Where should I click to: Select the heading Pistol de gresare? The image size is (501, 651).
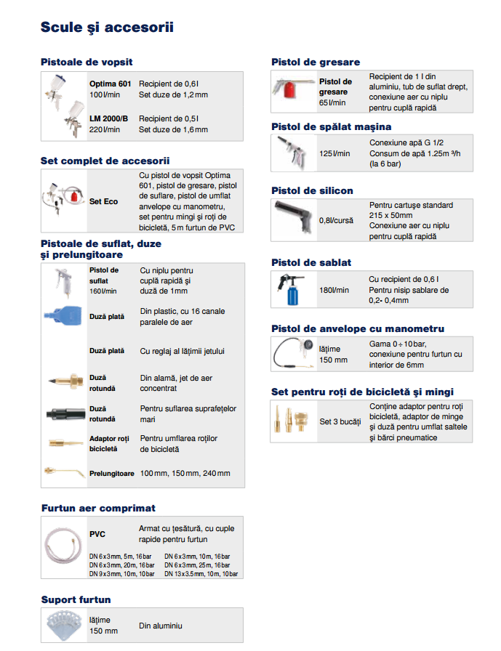click(316, 62)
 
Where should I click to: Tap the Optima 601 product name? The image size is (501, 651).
click(111, 84)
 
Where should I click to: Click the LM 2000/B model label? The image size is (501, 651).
click(109, 118)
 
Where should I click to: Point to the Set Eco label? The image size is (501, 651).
click(104, 201)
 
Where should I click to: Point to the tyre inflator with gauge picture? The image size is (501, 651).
click(292, 354)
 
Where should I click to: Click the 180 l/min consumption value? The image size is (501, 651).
click(334, 291)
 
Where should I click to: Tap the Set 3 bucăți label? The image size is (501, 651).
click(340, 421)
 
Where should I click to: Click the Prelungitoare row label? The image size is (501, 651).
click(112, 473)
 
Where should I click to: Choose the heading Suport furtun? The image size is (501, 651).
click(76, 599)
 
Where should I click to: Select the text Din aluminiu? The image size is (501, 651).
click(161, 626)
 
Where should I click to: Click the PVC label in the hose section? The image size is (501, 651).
click(97, 534)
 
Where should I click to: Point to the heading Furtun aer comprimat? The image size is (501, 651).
click(98, 508)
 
